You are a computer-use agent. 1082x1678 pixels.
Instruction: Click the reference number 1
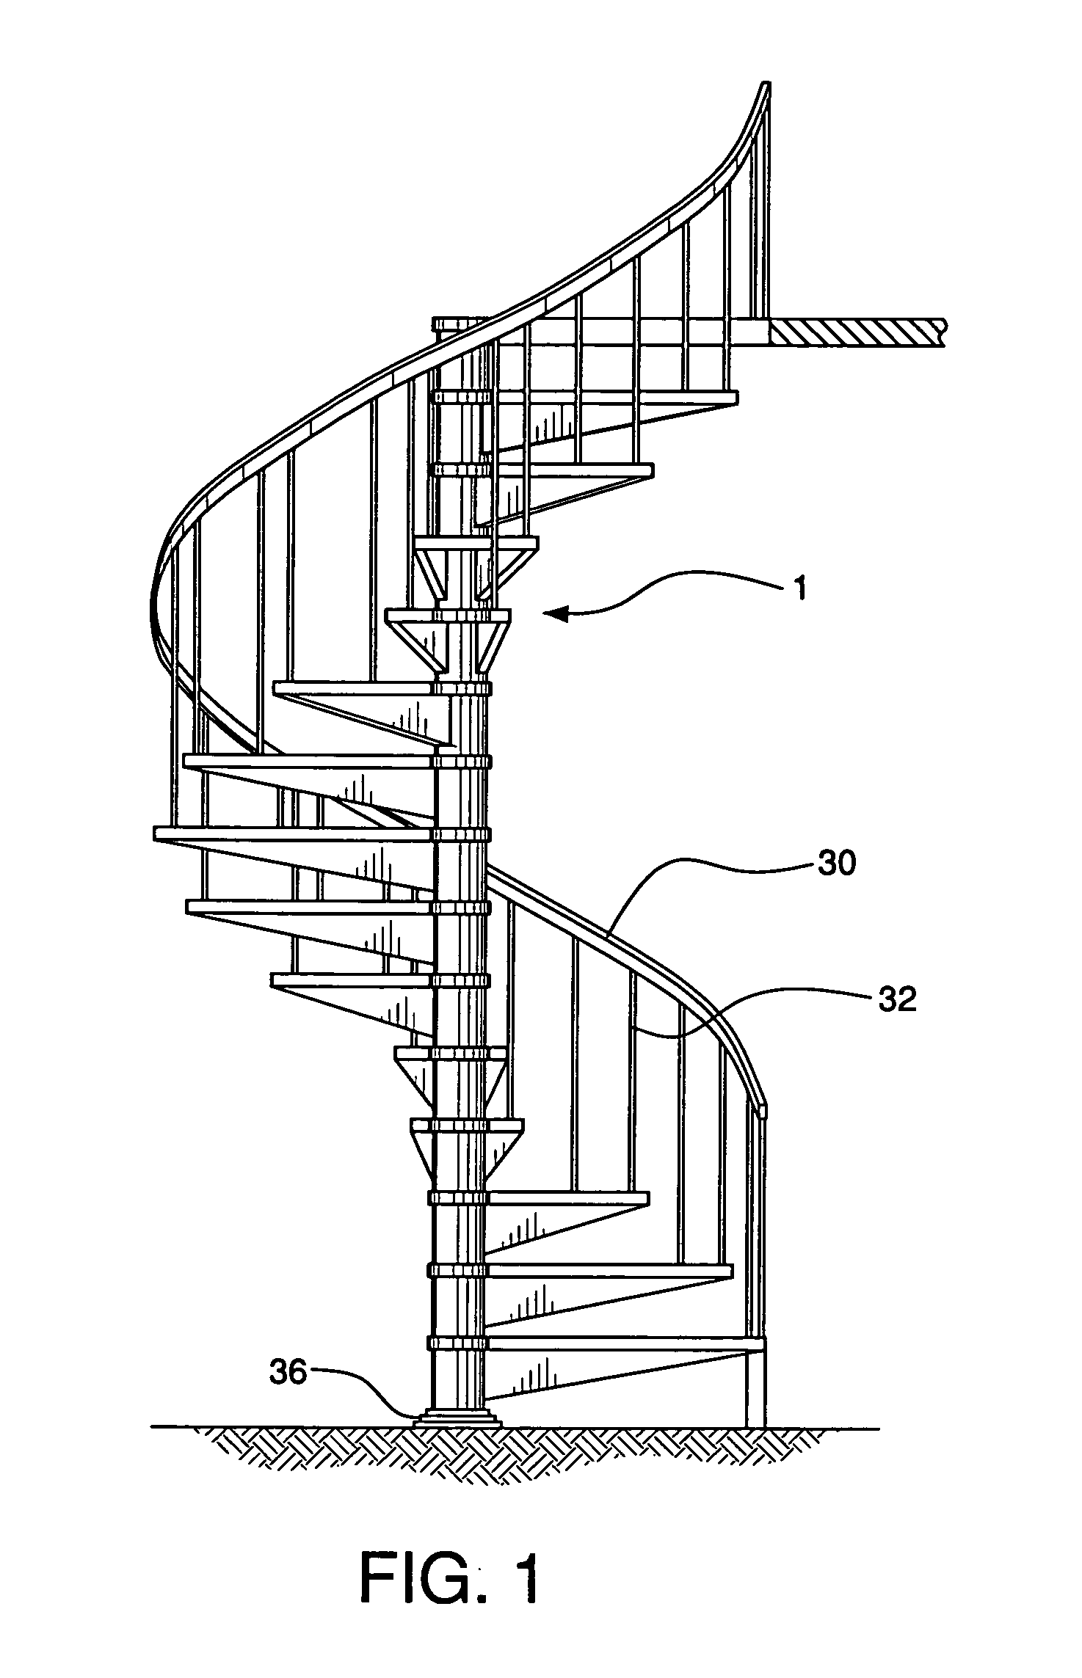pyautogui.click(x=801, y=589)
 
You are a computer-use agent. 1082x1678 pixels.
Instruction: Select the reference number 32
pyautogui.click(x=896, y=999)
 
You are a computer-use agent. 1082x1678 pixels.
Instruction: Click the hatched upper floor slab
pyautogui.click(x=855, y=332)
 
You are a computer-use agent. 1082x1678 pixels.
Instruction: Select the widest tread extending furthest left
pyautogui.click(x=294, y=833)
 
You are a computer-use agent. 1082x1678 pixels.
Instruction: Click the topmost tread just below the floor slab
pyautogui.click(x=617, y=398)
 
